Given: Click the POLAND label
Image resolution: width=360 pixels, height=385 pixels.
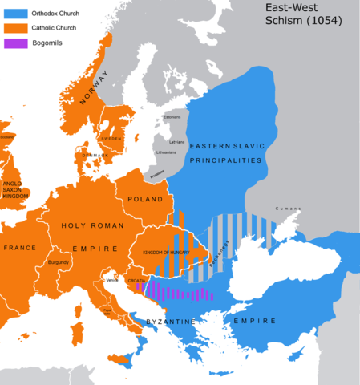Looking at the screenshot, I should coord(145,198).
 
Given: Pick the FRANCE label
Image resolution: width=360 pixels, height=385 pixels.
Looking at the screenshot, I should coord(19,248).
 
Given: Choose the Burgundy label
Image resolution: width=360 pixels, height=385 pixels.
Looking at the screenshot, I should coord(60,261).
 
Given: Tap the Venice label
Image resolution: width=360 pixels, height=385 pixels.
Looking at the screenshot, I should coord(112,279).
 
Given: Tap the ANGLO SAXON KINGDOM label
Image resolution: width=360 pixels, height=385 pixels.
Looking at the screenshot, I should coord(16,189).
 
